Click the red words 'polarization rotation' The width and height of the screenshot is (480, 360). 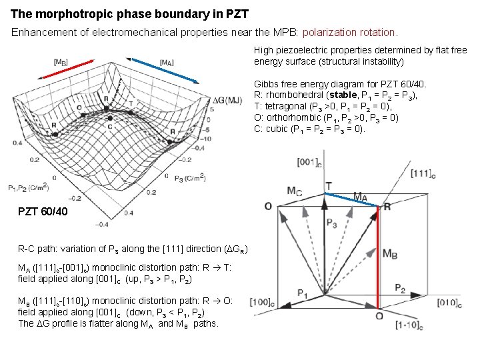click(351, 32)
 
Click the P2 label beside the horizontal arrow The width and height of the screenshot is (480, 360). click(399, 288)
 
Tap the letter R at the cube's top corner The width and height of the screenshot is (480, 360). click(387, 206)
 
